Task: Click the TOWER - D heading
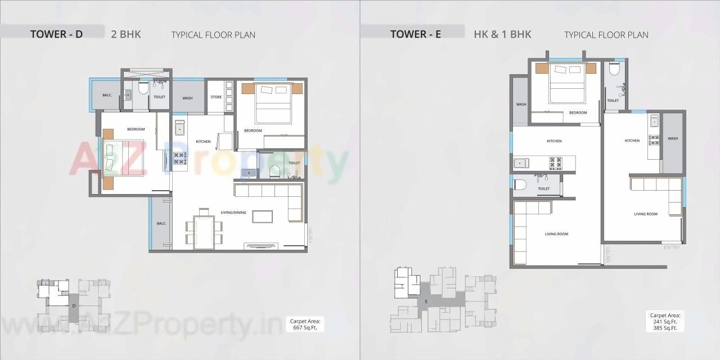click(x=56, y=34)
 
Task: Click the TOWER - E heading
click(x=416, y=34)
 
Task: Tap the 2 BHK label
click(x=126, y=34)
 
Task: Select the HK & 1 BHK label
click(x=502, y=34)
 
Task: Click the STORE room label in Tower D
click(x=216, y=97)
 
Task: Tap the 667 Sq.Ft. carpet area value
click(x=305, y=327)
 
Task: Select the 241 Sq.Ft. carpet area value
click(x=665, y=322)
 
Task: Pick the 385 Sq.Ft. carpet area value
click(x=665, y=328)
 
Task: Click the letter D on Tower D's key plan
click(x=74, y=305)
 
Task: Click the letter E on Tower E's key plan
click(x=426, y=301)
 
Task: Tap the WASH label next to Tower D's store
click(x=187, y=98)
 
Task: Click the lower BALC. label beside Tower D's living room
click(x=161, y=224)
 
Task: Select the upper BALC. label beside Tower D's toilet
click(x=107, y=95)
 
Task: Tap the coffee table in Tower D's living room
click(x=262, y=216)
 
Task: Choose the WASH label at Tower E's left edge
click(x=521, y=104)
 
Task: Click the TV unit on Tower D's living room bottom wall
click(x=260, y=245)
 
